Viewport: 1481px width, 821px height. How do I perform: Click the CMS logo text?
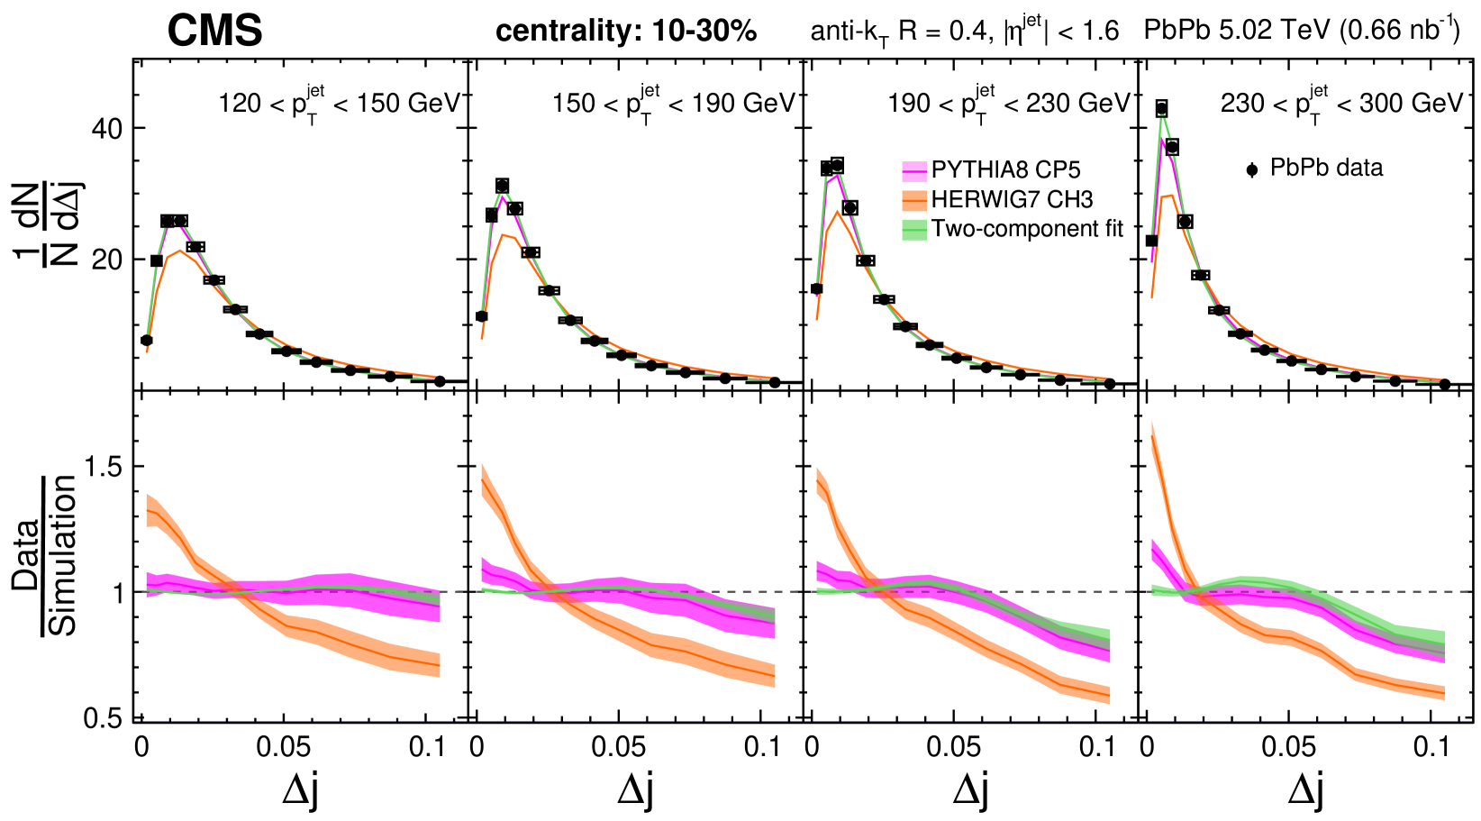coord(214,32)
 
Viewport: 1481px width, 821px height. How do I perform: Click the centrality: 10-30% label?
coord(626,32)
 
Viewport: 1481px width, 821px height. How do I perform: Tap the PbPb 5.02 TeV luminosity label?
coord(1302,30)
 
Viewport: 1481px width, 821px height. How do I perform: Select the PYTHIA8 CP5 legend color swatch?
coord(914,171)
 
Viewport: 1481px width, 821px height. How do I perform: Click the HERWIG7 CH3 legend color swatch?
coord(914,200)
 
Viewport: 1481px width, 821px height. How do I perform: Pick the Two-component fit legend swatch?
coord(914,230)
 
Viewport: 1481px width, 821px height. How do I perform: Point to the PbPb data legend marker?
coord(1251,169)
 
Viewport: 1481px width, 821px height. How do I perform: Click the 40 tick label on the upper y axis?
coord(106,129)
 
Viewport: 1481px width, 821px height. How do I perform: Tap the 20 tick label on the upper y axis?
coord(106,260)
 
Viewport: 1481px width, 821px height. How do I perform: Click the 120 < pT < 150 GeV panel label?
coord(339,103)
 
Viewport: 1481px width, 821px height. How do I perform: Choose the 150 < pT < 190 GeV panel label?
coord(674,103)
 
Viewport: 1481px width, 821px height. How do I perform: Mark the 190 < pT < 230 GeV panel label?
coord(1009,103)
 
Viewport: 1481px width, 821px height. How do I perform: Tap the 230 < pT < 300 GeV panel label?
coord(1342,103)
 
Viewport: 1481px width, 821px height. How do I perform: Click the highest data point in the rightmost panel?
coord(1162,109)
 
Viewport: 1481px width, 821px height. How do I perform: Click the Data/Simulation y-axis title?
coord(45,554)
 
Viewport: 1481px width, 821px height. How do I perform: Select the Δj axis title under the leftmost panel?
coord(300,789)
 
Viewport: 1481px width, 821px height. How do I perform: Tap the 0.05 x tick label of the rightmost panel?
coord(1288,747)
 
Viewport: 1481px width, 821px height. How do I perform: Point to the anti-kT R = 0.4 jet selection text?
coord(964,32)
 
